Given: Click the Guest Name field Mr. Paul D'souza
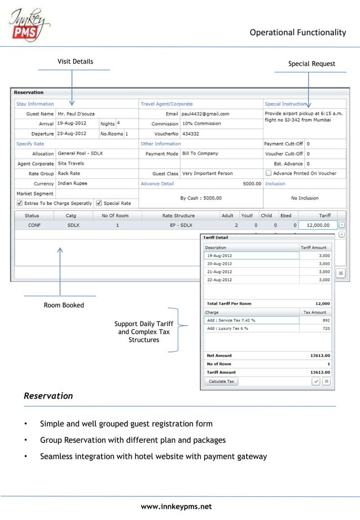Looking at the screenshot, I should tap(77, 113).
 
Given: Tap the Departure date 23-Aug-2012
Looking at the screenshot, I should tap(71, 134).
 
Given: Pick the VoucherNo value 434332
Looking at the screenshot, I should tap(191, 134).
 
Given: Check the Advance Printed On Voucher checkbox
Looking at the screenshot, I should tap(269, 174).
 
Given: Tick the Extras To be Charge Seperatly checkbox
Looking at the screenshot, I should tap(20, 203).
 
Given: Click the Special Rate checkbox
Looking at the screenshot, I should tap(99, 203).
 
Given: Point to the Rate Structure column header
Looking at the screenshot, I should tap(178, 215).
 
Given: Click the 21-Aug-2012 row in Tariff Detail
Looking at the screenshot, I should tap(251, 272).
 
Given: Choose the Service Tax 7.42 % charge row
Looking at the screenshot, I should tap(251, 320).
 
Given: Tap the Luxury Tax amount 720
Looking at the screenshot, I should tap(326, 328).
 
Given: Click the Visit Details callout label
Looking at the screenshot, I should tap(75, 61).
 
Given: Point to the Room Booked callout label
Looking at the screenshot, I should tap(64, 305).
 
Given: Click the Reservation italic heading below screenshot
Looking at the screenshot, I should tap(49, 396).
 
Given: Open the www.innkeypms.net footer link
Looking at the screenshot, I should tap(176, 506).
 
